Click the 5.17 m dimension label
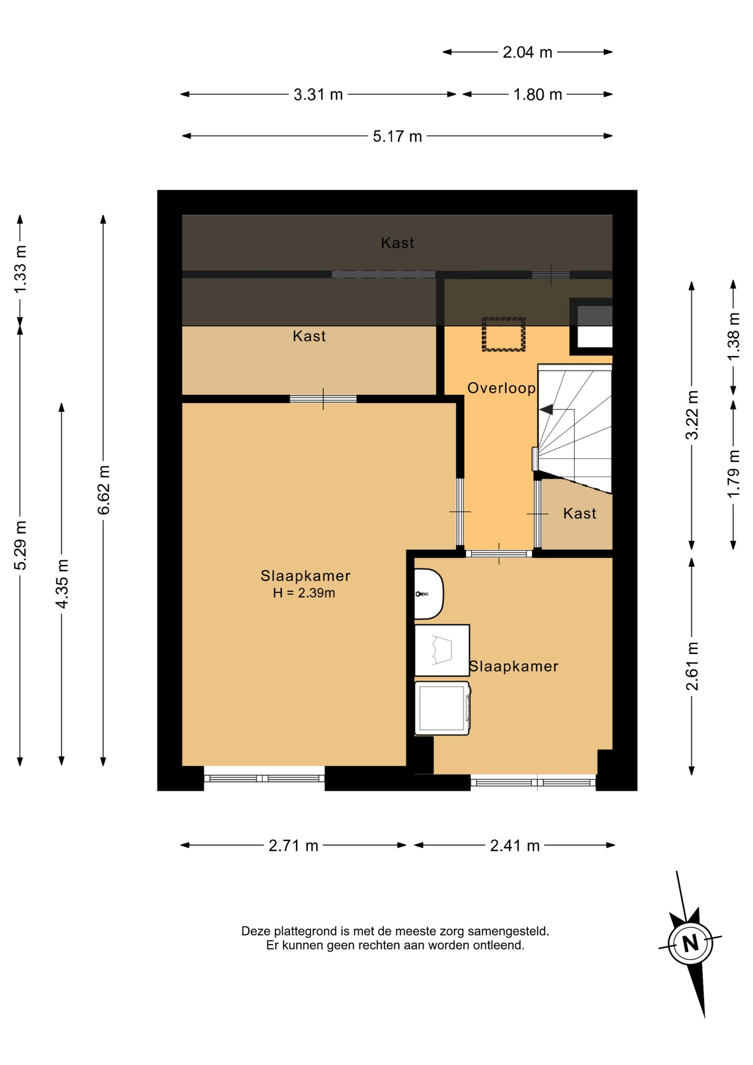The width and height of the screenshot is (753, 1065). tap(397, 136)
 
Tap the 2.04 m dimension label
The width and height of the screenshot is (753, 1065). tap(527, 52)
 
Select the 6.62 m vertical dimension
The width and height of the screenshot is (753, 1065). tap(103, 490)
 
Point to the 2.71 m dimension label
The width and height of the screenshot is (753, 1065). tap(293, 845)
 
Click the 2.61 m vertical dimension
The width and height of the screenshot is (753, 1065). tap(691, 666)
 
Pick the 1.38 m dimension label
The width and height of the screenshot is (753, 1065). tap(734, 337)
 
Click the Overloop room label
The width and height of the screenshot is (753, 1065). tap(502, 388)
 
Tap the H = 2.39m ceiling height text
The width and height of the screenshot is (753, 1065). tap(304, 593)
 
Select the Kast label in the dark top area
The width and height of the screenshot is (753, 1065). tap(398, 243)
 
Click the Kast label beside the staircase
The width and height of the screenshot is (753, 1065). tap(579, 514)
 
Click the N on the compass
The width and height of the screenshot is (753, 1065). tap(690, 942)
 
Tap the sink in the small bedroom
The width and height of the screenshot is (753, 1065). tap(429, 594)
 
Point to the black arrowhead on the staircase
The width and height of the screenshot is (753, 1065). tap(546, 409)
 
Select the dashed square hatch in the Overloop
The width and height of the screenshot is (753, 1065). tap(503, 334)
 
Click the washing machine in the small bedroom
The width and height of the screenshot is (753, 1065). tap(442, 708)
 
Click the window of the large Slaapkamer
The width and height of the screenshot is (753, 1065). tap(264, 778)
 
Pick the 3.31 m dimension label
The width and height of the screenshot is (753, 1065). tap(318, 94)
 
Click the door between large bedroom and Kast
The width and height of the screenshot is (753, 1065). tap(323, 399)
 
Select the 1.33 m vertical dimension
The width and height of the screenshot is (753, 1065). tap(20, 270)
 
